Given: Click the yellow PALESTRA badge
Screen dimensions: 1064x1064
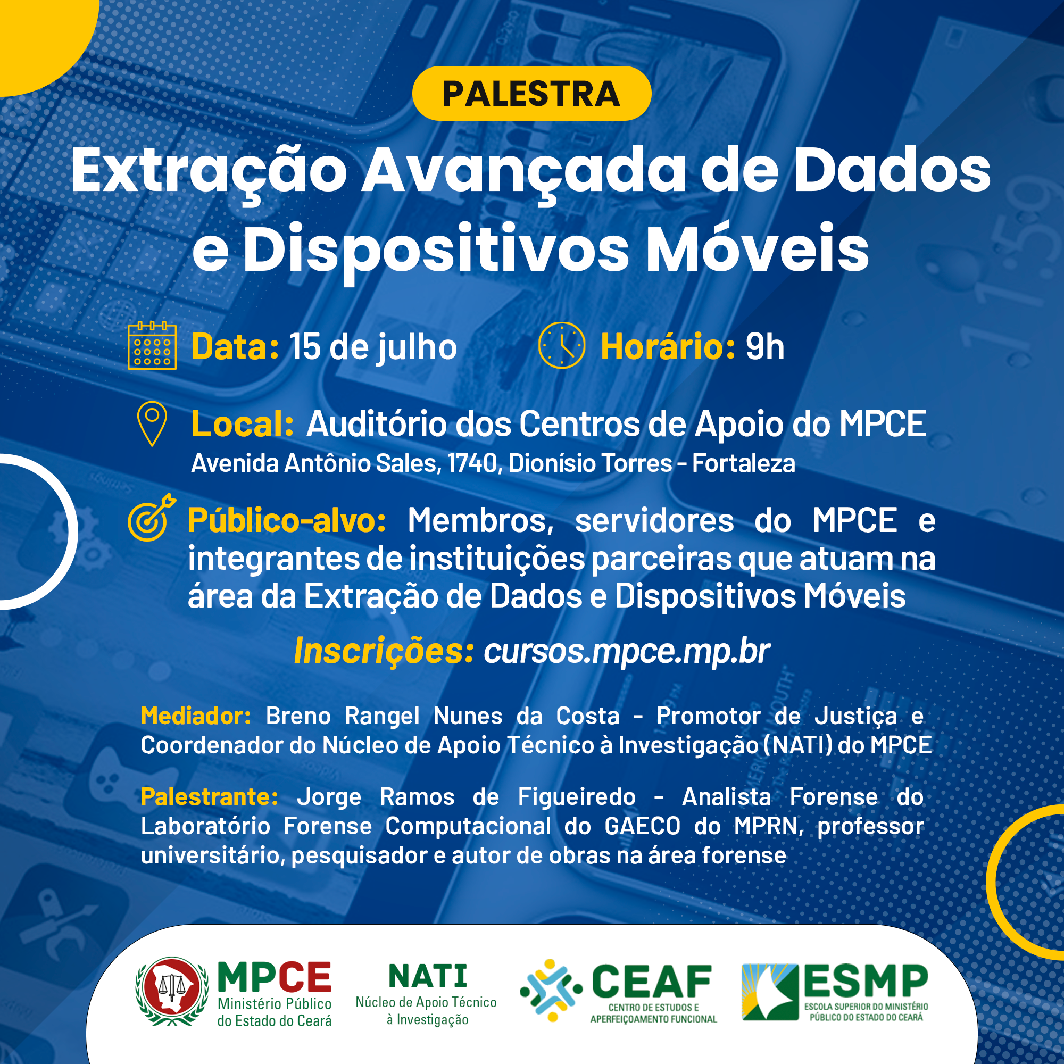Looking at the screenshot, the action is (531, 93).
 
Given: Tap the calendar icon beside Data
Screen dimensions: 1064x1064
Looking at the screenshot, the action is (152, 345).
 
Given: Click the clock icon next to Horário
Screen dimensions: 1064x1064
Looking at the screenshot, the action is (561, 345).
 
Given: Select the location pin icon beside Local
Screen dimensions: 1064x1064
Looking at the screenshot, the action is (152, 423).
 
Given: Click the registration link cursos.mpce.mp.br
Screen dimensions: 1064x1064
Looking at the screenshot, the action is (627, 652).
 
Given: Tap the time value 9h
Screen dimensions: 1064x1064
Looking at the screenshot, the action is (765, 347).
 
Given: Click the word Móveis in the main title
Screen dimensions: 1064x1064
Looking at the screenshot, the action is (757, 248).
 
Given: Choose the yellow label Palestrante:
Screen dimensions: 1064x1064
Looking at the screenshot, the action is (209, 797).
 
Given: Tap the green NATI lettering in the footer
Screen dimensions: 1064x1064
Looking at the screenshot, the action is (428, 976).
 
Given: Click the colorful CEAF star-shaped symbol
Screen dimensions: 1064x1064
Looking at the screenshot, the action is (551, 990).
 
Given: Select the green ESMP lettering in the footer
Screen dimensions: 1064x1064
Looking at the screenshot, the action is (866, 982).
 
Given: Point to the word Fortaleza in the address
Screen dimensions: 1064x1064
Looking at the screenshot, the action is (744, 463).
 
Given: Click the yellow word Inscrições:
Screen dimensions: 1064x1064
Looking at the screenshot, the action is (384, 652).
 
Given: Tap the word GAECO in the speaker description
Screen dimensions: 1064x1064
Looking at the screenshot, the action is (643, 826).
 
